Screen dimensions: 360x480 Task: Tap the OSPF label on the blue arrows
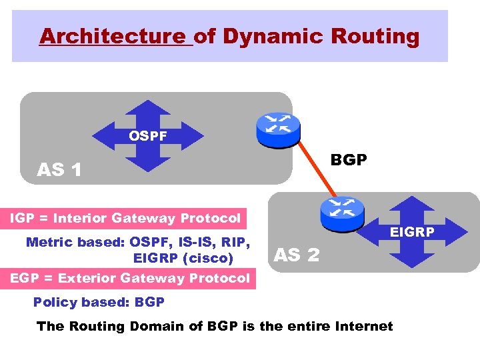(148, 137)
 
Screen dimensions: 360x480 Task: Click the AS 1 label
(59, 170)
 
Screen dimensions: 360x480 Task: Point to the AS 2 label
(297, 254)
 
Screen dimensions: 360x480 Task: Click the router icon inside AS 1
(278, 129)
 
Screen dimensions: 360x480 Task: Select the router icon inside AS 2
(341, 211)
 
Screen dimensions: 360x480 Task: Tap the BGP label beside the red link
(349, 161)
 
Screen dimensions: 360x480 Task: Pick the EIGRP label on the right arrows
(412, 232)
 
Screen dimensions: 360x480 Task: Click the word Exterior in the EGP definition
(85, 278)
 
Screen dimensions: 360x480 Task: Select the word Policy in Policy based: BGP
(55, 302)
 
